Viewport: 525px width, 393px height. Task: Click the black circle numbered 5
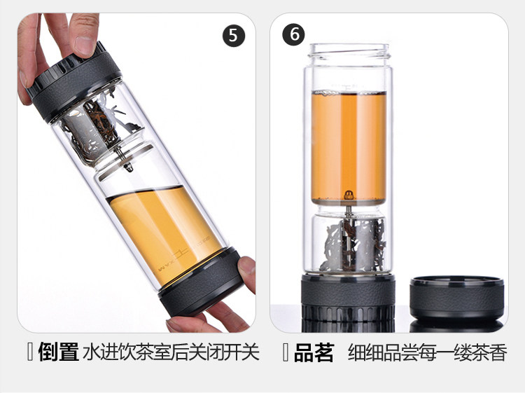click(x=233, y=35)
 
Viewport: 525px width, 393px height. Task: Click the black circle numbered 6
click(x=294, y=34)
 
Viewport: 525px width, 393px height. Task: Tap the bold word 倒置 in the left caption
click(x=59, y=352)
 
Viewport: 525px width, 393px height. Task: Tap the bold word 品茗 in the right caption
click(x=314, y=352)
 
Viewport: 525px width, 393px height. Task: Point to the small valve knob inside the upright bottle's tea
click(x=349, y=195)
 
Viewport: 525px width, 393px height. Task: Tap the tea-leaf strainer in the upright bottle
click(x=351, y=244)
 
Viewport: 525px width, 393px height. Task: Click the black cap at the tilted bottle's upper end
click(x=74, y=81)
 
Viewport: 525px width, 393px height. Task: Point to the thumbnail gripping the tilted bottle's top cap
click(x=84, y=46)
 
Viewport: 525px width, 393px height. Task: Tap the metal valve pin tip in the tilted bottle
click(x=129, y=167)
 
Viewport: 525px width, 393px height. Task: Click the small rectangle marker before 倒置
click(x=30, y=352)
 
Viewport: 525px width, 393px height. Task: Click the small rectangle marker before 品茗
click(x=286, y=352)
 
